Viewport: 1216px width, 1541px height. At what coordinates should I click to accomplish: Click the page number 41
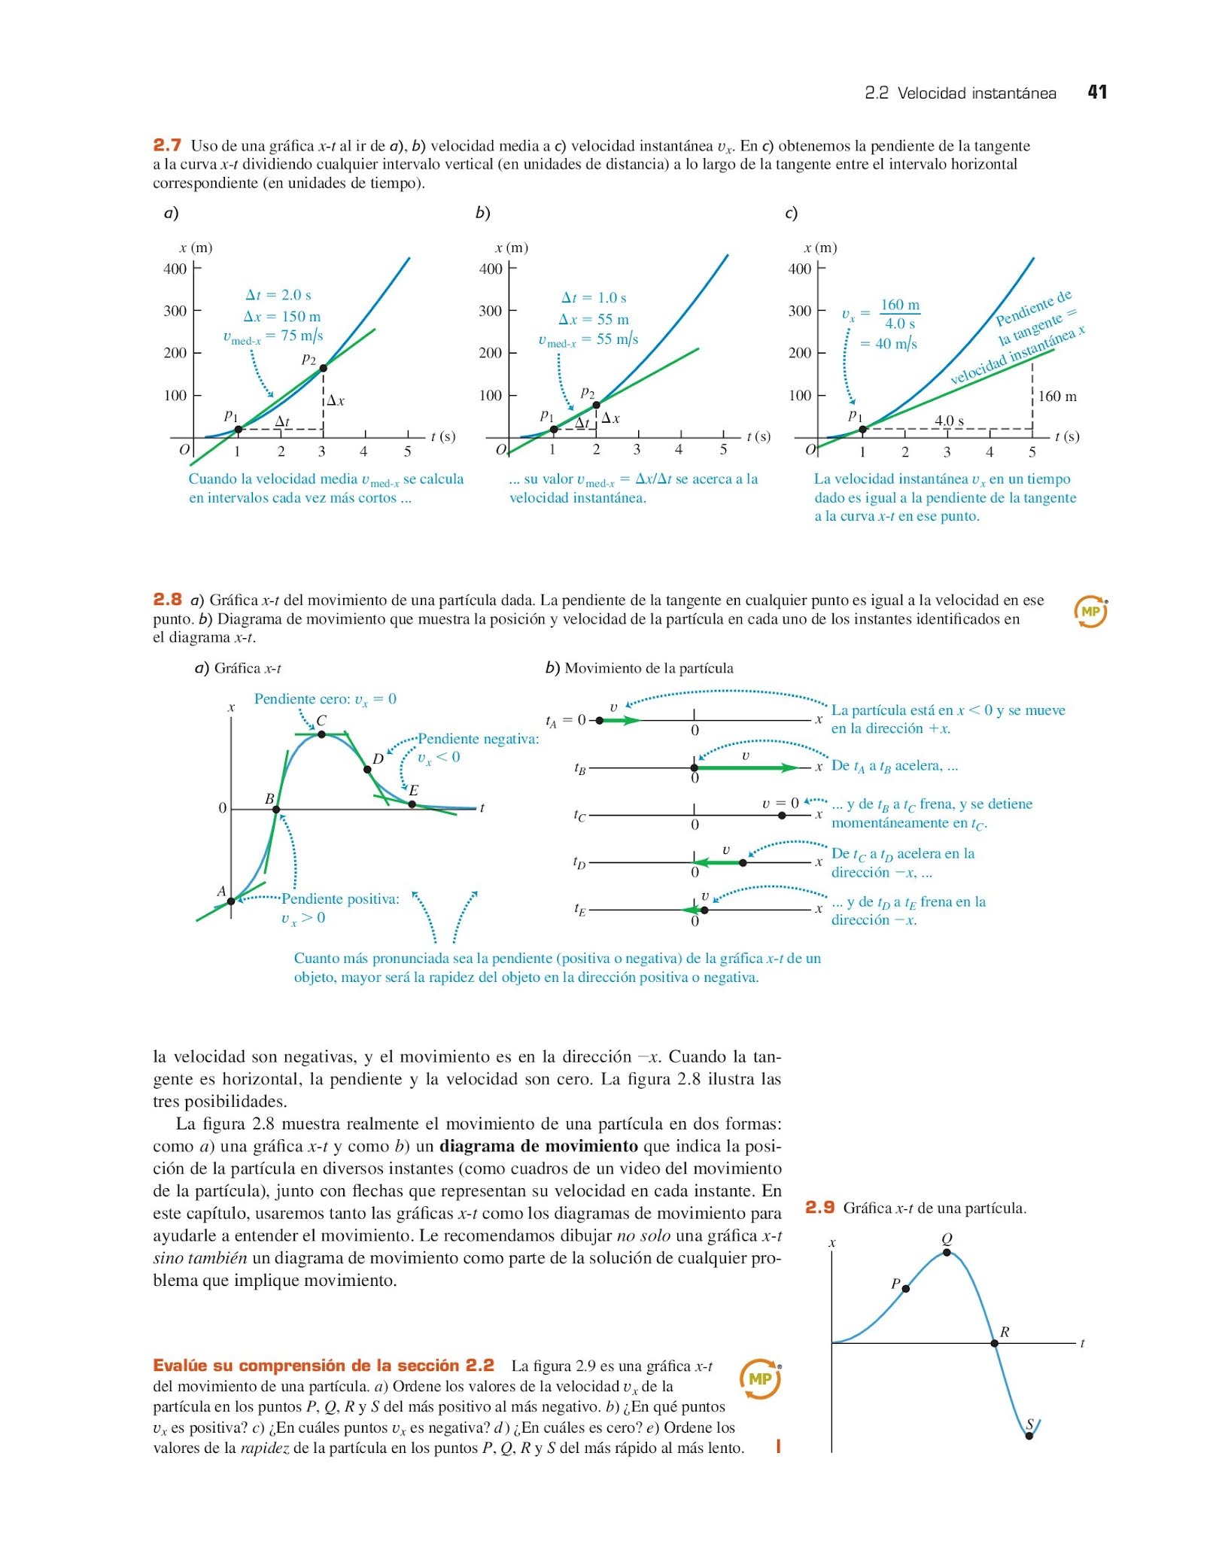click(1097, 92)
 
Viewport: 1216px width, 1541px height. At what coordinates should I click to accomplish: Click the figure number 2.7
click(167, 144)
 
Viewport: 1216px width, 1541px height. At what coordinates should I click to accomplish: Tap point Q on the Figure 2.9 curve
click(947, 1252)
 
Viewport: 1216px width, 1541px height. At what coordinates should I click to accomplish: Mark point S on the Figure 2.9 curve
click(1029, 1436)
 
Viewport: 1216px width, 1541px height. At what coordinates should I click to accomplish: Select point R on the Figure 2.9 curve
click(994, 1342)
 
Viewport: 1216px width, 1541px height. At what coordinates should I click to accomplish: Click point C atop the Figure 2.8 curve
click(321, 734)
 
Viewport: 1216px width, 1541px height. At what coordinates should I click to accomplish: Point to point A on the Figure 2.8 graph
click(231, 901)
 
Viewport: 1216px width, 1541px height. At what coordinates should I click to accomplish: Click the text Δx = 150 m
click(282, 316)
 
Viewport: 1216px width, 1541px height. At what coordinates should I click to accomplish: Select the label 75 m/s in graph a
click(302, 336)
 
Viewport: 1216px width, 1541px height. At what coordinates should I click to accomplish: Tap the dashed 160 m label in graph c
click(1057, 396)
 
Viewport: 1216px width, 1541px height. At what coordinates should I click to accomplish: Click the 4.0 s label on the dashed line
click(949, 421)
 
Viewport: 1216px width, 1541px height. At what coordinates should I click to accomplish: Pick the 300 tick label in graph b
click(490, 311)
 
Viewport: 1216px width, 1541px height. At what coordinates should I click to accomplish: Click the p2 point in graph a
click(324, 368)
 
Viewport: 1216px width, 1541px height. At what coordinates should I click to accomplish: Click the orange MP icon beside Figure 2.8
click(1090, 612)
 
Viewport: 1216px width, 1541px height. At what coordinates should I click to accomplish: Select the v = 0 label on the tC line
click(780, 803)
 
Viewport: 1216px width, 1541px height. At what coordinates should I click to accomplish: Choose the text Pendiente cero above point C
click(325, 699)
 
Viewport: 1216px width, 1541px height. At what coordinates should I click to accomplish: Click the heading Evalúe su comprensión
click(324, 1366)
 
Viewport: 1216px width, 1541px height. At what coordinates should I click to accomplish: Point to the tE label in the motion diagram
click(579, 910)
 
